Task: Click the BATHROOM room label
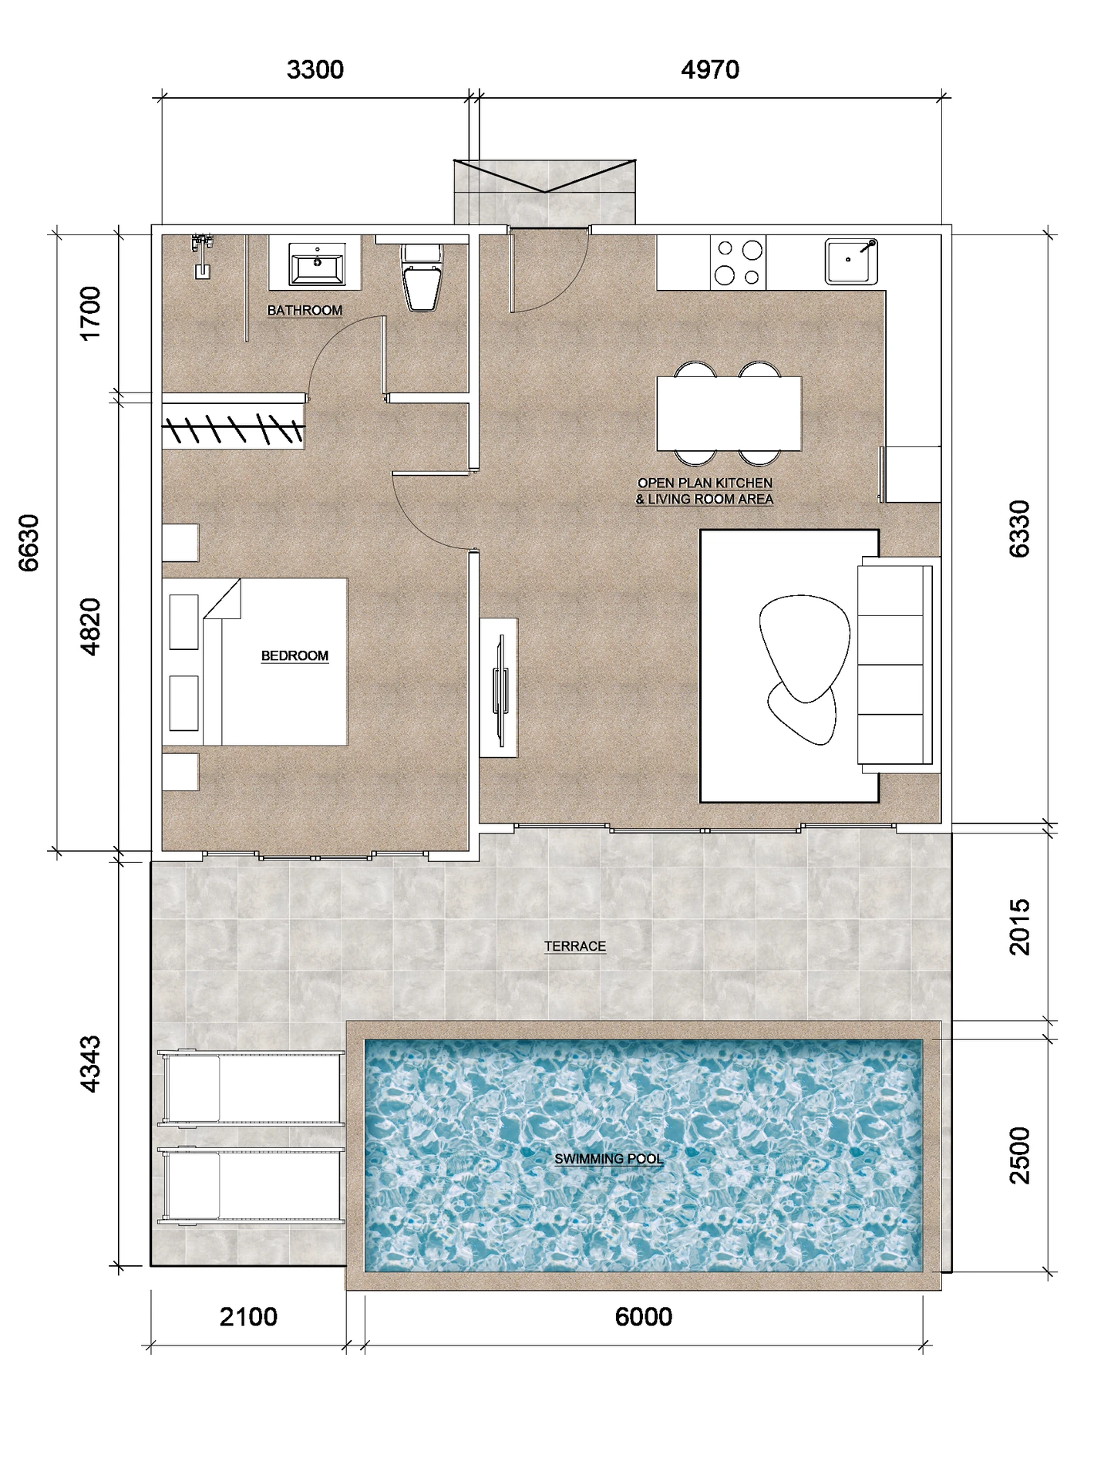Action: point(305,310)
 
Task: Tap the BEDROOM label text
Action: point(295,655)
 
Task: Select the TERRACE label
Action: point(575,946)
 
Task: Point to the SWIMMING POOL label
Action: point(608,1158)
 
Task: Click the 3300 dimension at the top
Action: point(315,70)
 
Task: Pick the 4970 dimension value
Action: point(710,70)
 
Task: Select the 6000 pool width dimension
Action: point(644,1316)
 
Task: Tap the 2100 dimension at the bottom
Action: point(248,1316)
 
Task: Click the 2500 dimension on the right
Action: point(1019,1155)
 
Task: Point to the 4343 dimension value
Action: point(90,1064)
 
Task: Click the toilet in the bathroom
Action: point(422,276)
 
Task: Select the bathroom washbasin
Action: point(317,264)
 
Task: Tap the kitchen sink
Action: point(851,261)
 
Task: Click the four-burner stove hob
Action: point(739,262)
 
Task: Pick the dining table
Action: point(729,413)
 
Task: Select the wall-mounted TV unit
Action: point(499,687)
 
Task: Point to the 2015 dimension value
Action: point(1019,927)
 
